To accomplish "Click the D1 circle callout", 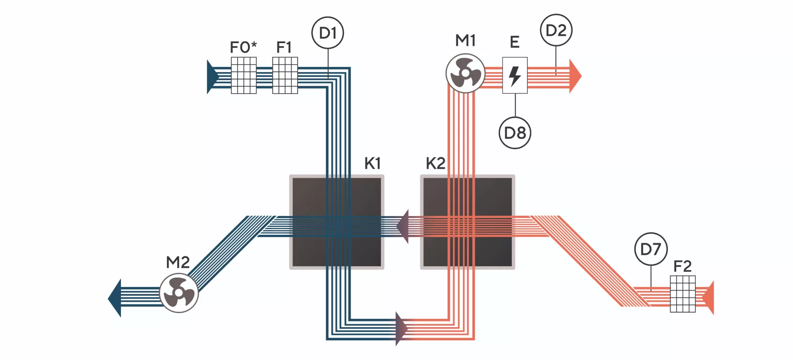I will point(328,33).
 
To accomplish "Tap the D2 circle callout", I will point(556,30).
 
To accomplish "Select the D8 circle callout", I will point(515,133).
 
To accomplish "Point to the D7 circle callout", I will point(651,249).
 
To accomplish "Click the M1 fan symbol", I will point(465,74).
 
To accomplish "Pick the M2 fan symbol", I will point(179,293).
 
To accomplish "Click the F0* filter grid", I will point(244,75).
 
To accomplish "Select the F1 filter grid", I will point(285,75).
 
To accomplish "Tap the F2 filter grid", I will point(683,294).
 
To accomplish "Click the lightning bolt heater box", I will point(515,75).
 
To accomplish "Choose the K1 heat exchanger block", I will point(337,222).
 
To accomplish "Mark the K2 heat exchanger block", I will point(468,222).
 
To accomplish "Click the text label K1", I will point(373,164).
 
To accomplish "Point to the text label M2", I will point(178,262).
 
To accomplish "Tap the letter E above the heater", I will point(515,43).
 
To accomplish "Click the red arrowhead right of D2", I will point(575,75).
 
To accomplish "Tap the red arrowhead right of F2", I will point(708,298).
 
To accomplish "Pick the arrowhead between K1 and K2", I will point(403,226).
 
